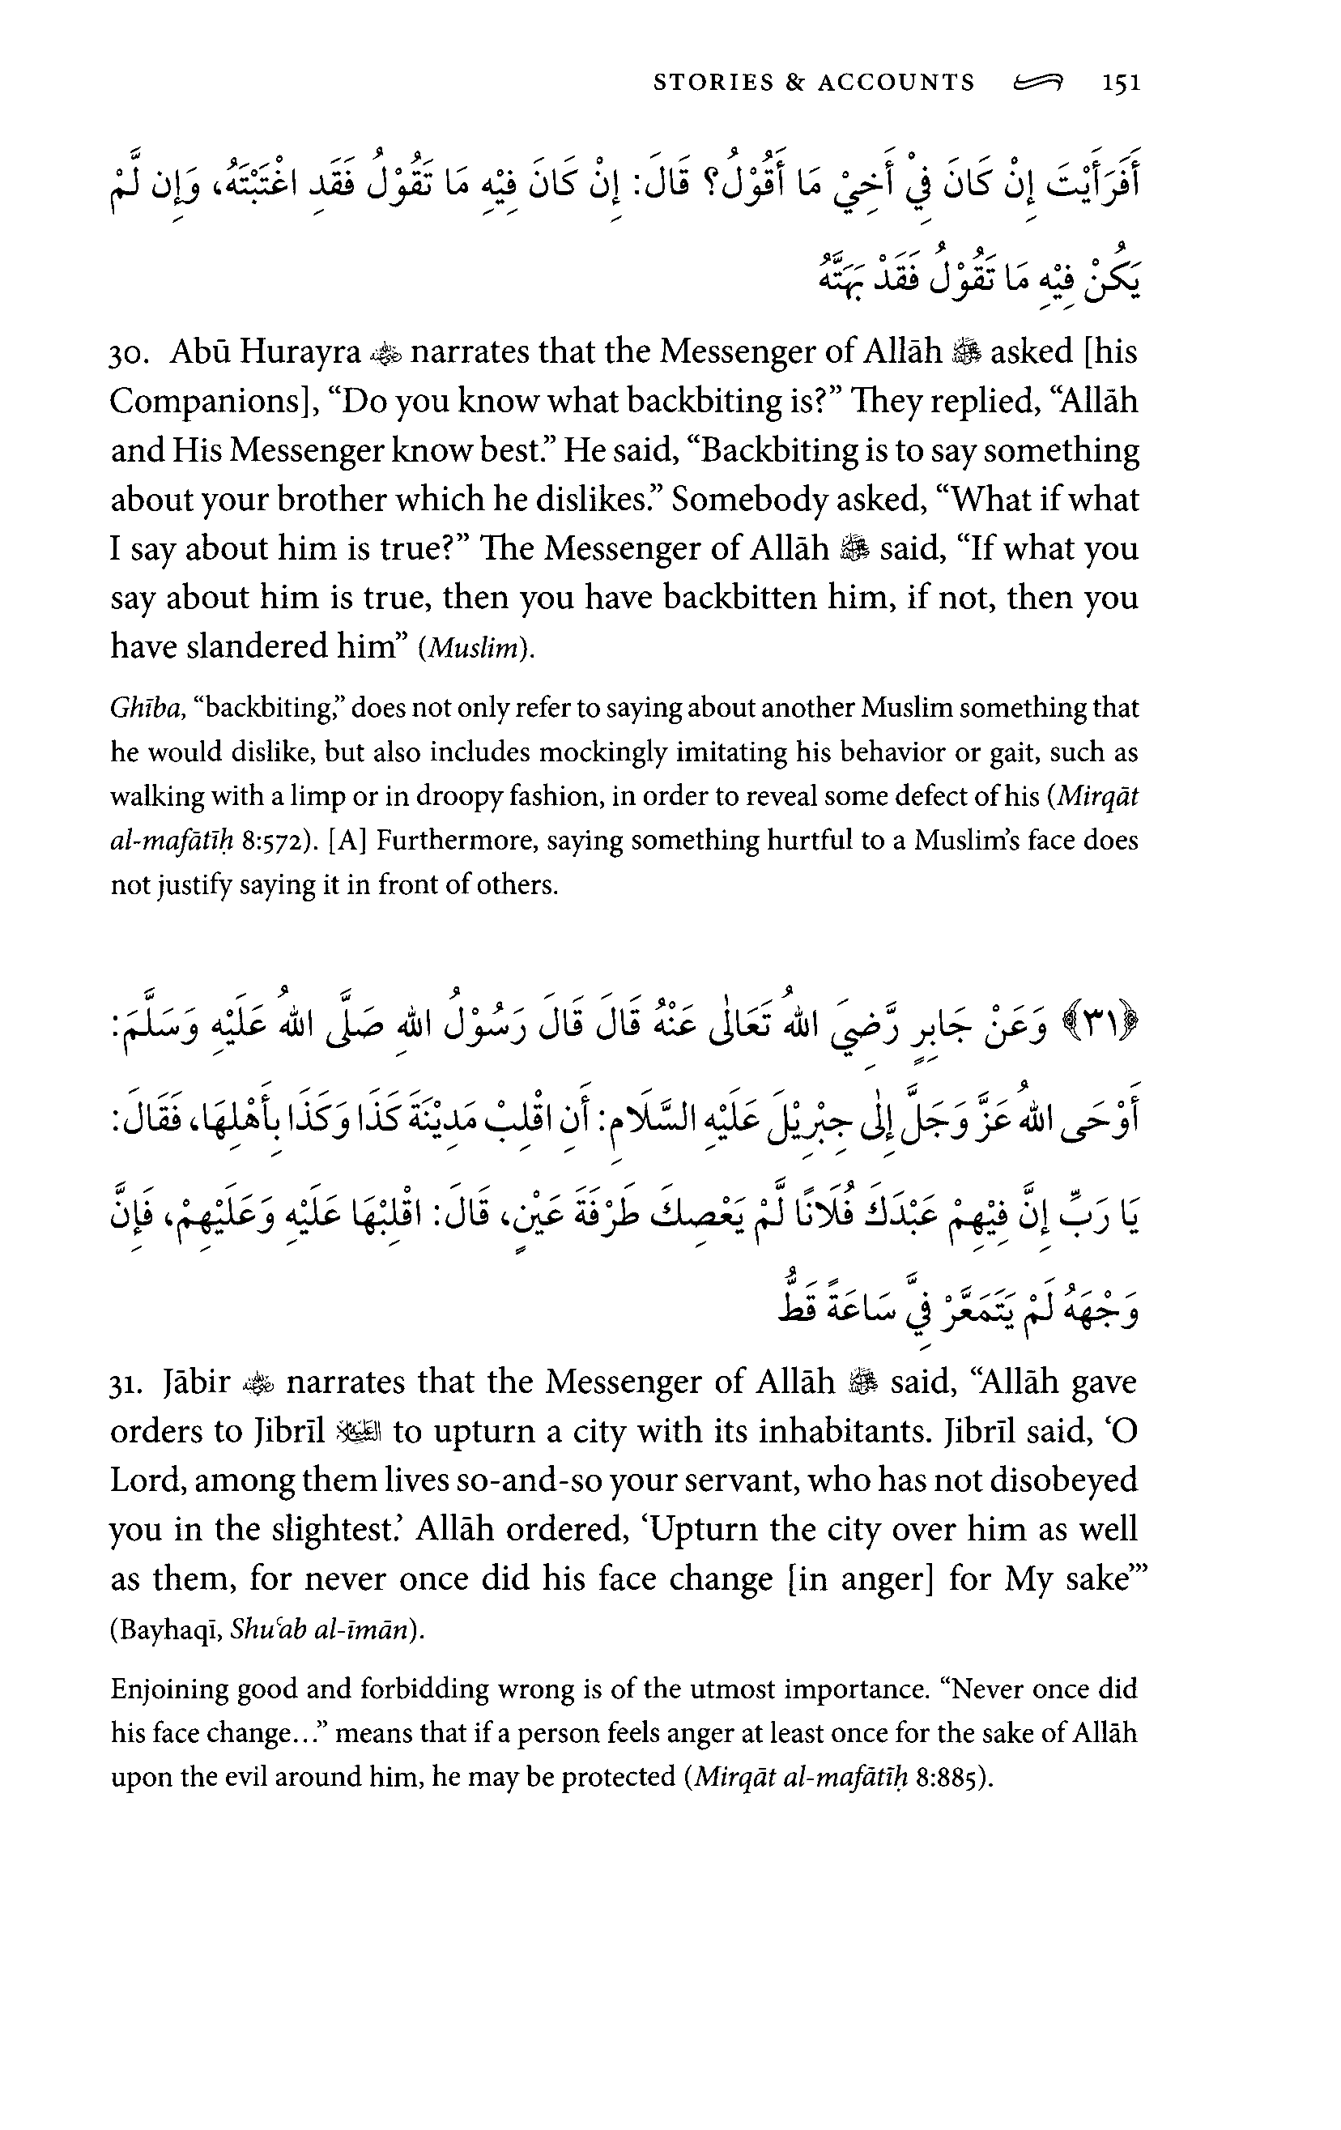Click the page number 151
pyautogui.click(x=1121, y=83)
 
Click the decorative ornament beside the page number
pyautogui.click(x=1038, y=83)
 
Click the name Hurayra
pyautogui.click(x=300, y=352)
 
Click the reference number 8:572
pyautogui.click(x=275, y=841)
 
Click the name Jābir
pyautogui.click(x=197, y=1382)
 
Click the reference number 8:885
pyautogui.click(x=947, y=1777)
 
